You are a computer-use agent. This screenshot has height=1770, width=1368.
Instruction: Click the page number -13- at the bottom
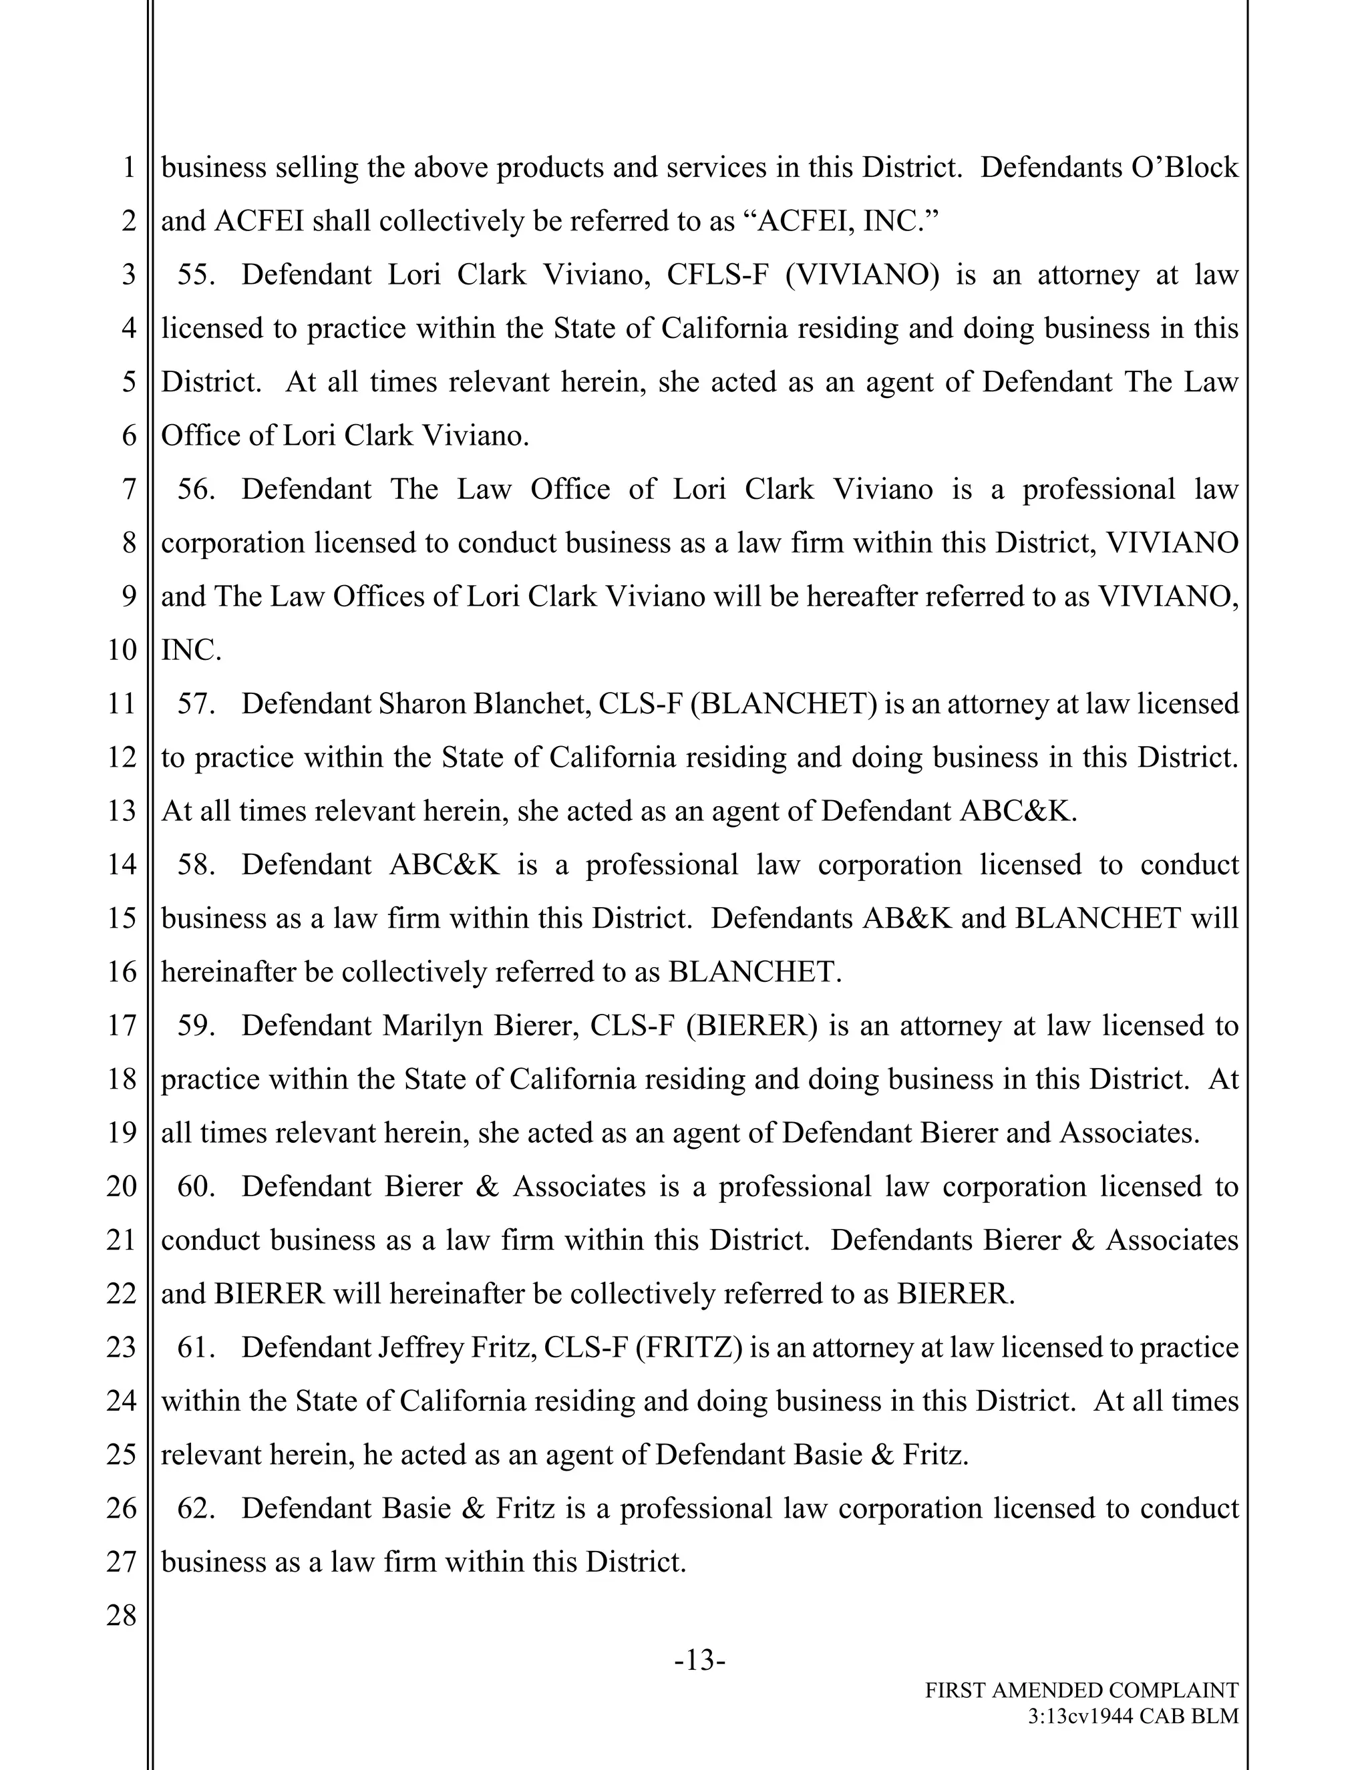(699, 1660)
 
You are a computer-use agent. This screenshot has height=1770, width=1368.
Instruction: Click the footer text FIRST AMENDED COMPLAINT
(1081, 1690)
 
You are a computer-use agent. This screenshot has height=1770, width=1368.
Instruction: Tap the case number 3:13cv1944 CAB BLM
(1133, 1716)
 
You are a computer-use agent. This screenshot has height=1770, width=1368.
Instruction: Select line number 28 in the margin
(122, 1615)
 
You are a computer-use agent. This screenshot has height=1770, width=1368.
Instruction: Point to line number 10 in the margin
(122, 649)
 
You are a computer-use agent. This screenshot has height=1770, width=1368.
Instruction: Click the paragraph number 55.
(195, 275)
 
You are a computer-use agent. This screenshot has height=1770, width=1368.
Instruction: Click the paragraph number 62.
(195, 1508)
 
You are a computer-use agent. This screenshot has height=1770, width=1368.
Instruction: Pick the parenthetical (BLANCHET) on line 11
(784, 703)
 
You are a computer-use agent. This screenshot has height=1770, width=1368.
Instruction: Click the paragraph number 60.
(195, 1186)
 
